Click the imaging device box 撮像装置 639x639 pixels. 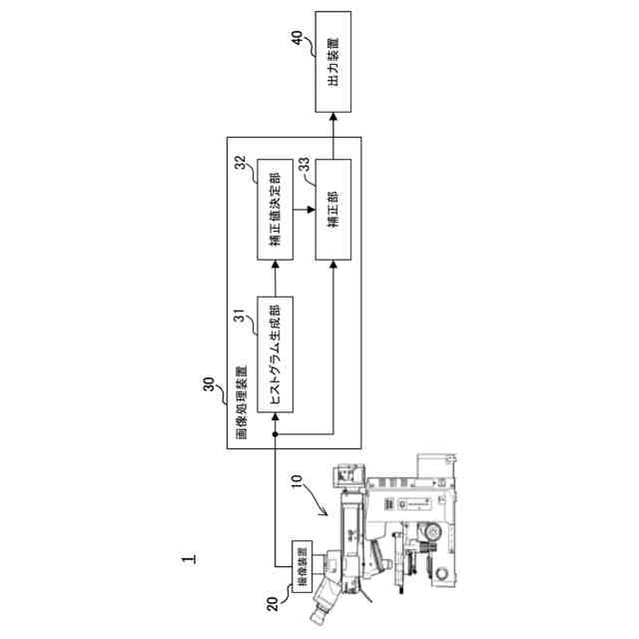coord(301,565)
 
